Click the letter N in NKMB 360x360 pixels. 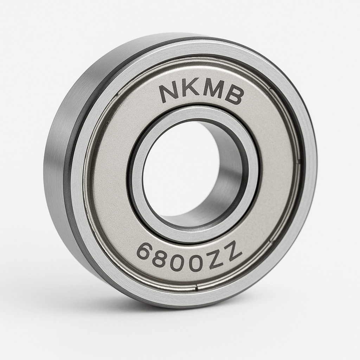coord(169,92)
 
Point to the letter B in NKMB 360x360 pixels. coord(234,96)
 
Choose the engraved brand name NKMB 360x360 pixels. coord(201,93)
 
